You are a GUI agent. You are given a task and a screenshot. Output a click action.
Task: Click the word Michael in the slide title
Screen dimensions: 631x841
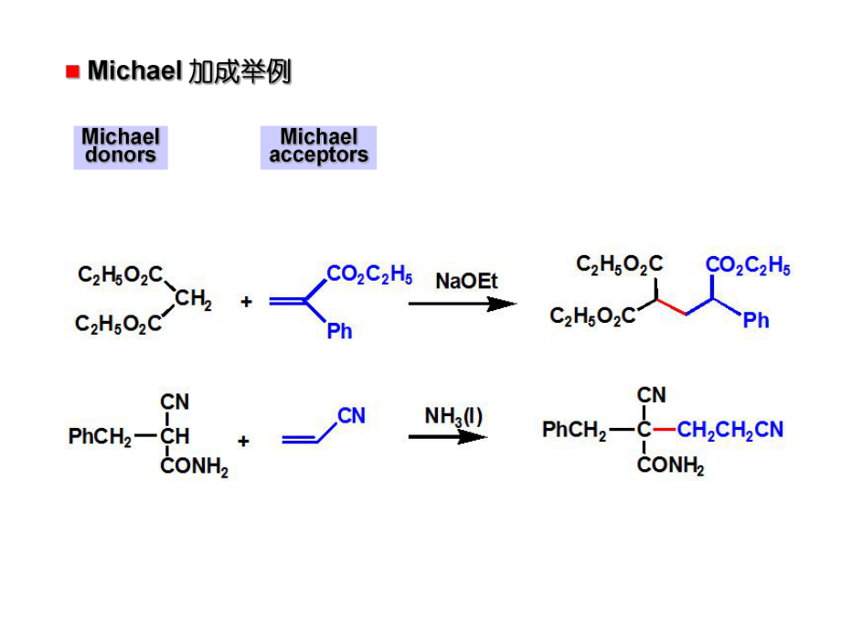(x=135, y=72)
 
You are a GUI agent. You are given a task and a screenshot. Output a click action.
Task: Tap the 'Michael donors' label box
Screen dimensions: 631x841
(x=121, y=147)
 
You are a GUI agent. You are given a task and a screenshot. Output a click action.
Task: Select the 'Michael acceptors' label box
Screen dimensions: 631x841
(x=318, y=147)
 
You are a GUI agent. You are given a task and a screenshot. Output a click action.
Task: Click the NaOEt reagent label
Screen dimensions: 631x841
(x=466, y=281)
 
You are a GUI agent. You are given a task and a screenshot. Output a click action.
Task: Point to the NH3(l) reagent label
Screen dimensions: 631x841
(x=453, y=416)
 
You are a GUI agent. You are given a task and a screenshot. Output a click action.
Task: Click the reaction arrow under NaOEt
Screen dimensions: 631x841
(x=462, y=304)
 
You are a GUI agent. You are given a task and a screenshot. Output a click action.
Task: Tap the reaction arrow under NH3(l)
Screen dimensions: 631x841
(x=448, y=437)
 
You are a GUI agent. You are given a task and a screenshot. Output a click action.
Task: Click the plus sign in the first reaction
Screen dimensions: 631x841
(x=246, y=301)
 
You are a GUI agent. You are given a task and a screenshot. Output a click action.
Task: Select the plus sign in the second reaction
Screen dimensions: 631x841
(x=243, y=440)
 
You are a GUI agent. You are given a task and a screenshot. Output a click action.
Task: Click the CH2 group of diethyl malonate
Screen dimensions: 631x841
(x=193, y=300)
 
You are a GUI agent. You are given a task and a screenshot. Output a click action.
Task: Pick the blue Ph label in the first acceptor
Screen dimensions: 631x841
(x=339, y=331)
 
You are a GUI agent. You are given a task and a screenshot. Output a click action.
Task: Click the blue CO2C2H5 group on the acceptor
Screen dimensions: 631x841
(x=368, y=274)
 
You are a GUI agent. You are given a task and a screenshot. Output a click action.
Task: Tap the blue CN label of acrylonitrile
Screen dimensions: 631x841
(x=351, y=416)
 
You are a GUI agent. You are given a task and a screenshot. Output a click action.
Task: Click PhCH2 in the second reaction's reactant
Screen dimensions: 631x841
(x=99, y=438)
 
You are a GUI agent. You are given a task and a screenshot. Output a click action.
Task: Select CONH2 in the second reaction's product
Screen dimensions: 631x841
(x=670, y=466)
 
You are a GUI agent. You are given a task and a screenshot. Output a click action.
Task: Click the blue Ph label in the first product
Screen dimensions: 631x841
(x=756, y=320)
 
